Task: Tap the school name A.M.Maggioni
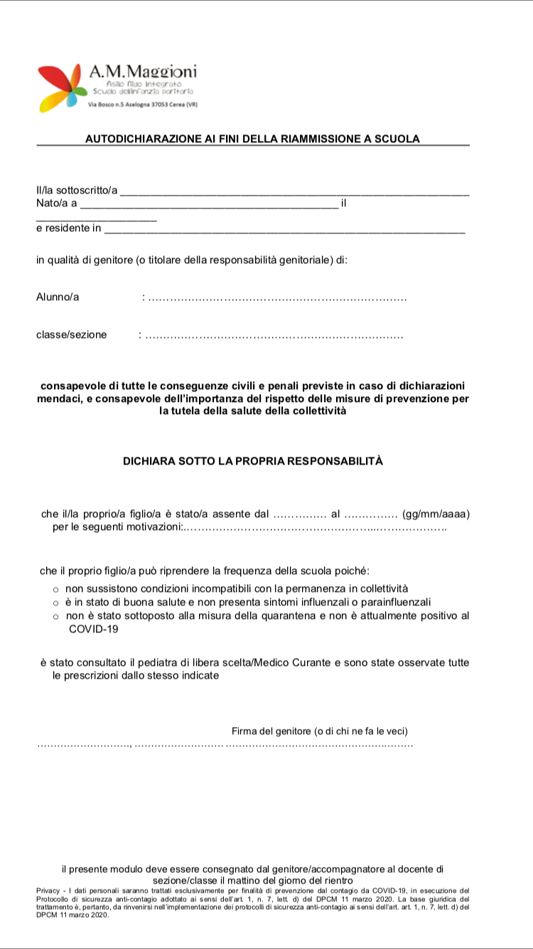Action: [x=143, y=71]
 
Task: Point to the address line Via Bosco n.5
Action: [x=142, y=105]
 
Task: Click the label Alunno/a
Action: [x=58, y=297]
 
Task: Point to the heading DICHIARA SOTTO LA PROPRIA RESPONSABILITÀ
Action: [x=252, y=461]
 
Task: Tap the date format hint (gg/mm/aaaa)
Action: [x=436, y=514]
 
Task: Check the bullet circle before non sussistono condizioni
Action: [x=55, y=589]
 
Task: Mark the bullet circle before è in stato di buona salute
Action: [x=55, y=603]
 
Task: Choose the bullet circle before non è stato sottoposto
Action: [x=55, y=616]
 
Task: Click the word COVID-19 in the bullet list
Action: [x=93, y=630]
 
